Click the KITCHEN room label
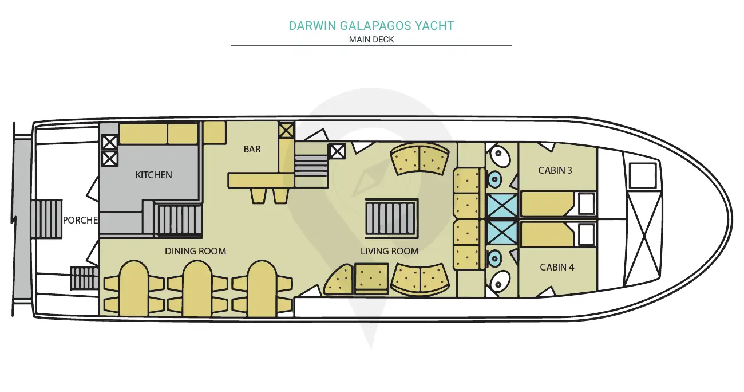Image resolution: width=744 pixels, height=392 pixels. point(153,175)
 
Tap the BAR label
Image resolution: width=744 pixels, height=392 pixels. point(252,149)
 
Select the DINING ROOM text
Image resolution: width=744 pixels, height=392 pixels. point(195,251)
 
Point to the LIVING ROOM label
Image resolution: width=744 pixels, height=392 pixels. point(390,251)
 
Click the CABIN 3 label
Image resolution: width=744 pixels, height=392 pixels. point(555,170)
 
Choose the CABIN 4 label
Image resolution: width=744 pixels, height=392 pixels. point(557,267)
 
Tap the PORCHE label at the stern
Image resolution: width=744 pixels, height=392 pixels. point(80,220)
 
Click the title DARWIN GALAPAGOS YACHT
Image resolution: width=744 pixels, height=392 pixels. point(371,26)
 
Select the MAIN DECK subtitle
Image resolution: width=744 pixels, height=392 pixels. point(371,40)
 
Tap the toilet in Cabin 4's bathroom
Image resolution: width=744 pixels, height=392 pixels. point(498,283)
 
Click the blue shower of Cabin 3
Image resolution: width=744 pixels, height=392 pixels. point(502,206)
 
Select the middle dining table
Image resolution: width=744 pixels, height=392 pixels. point(197,288)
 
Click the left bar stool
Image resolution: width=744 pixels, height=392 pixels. point(259,195)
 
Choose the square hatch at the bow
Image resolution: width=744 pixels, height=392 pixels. point(642,175)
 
